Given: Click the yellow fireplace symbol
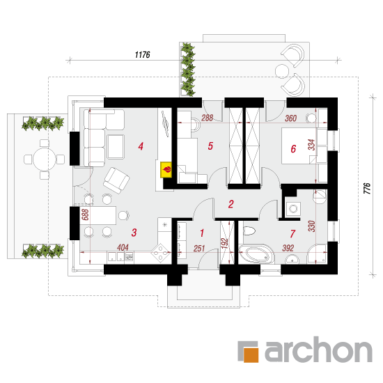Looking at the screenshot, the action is [x=166, y=169].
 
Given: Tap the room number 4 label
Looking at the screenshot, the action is [x=141, y=146].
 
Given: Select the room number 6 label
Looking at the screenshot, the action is [x=293, y=149].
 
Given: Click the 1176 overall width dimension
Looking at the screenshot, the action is [x=142, y=55].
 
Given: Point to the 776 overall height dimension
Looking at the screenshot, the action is [x=367, y=188].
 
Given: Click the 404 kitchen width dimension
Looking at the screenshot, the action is [x=123, y=247].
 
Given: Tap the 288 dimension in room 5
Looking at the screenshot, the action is [x=207, y=118].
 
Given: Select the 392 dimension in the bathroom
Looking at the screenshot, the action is [x=288, y=248].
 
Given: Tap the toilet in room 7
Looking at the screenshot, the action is [x=249, y=230].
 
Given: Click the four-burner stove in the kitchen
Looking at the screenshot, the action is [x=160, y=253].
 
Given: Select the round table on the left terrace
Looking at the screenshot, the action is [x=44, y=159].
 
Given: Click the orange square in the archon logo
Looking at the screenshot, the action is [x=251, y=354].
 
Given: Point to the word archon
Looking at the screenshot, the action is [x=318, y=350].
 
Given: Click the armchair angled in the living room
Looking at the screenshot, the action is [x=116, y=180].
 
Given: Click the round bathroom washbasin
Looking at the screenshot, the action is [x=292, y=259].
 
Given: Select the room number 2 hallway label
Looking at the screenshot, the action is [x=230, y=204].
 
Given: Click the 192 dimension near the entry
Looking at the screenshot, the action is [x=224, y=243].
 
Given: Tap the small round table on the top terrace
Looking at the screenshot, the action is [x=282, y=71].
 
